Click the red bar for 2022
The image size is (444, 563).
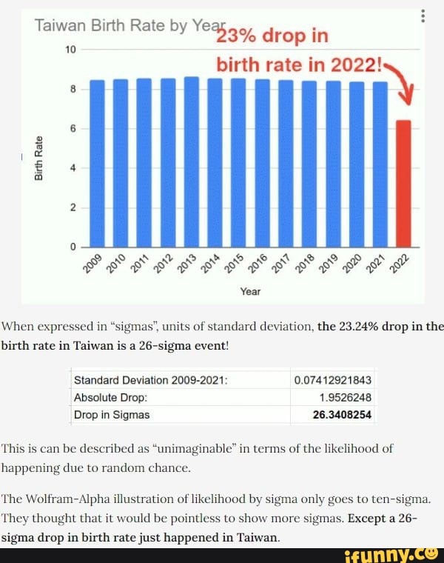(403, 183)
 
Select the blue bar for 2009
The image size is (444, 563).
(98, 163)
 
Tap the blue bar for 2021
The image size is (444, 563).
(380, 164)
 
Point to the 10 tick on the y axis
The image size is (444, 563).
(71, 49)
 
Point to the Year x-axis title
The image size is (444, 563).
(250, 292)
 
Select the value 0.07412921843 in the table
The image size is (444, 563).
(332, 380)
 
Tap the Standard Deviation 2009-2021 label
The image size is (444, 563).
(150, 380)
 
